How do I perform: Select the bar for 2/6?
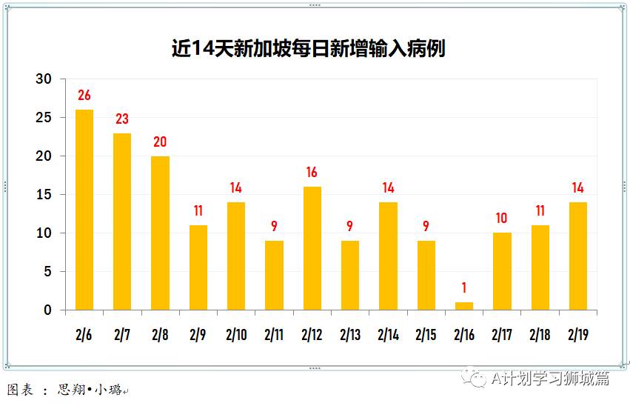tap(84, 210)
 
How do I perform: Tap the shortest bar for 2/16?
tap(464, 306)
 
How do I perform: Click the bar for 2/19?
tap(578, 256)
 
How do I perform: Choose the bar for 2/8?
tap(160, 233)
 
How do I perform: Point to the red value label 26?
tap(84, 96)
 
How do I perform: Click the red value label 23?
tap(122, 119)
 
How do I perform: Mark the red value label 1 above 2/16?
tap(464, 288)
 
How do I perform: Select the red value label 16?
tap(312, 173)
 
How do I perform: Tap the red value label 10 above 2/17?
tap(502, 219)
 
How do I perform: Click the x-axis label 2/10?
tap(236, 335)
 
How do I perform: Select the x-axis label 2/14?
tap(388, 335)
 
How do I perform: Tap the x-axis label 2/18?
tap(540, 335)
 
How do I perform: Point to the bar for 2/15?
tap(426, 275)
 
